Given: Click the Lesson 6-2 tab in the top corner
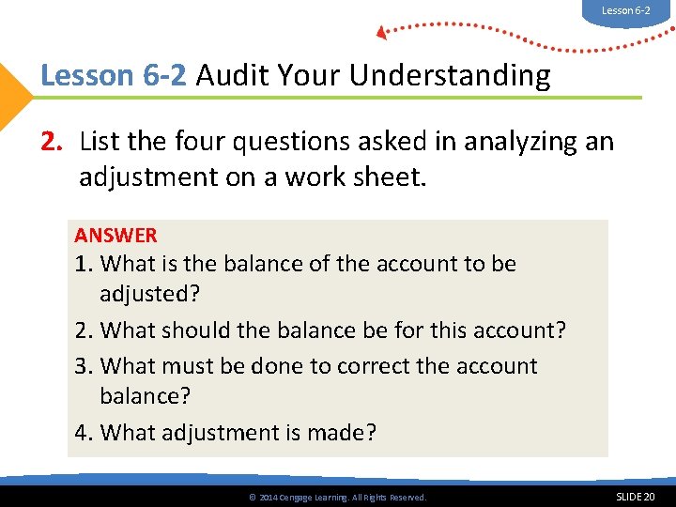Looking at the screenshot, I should point(625,10).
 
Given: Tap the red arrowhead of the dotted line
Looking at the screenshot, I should point(381,33).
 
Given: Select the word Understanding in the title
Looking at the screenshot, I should point(450,75).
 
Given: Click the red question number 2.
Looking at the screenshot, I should point(51,142).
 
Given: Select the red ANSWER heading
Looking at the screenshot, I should point(116,236).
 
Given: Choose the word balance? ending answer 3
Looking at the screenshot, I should point(146,395).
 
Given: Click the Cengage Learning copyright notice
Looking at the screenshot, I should point(335,497).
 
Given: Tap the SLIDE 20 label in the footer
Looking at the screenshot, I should point(636,496).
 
